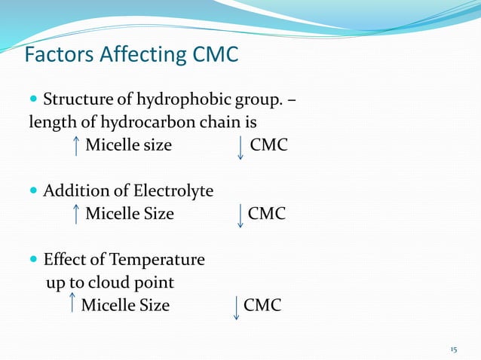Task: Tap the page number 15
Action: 453,349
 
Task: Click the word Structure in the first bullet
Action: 76,99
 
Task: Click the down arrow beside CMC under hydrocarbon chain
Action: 240,146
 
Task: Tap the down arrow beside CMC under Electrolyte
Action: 240,215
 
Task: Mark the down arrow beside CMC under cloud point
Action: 237,307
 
